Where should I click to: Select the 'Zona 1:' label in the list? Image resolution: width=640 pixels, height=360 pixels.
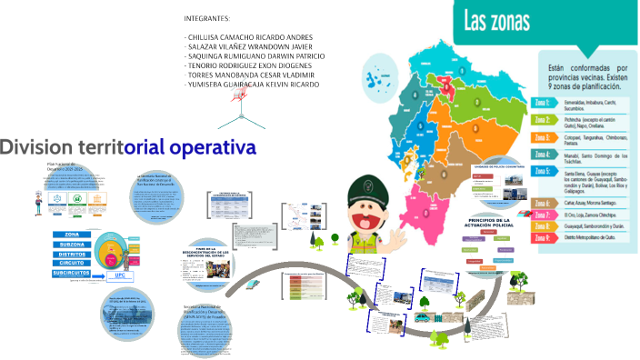click(545, 102)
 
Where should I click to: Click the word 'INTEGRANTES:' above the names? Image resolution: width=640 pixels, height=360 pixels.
click(207, 18)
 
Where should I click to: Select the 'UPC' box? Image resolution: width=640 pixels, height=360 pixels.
click(119, 275)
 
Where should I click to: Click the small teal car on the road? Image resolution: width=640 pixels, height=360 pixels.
click(424, 317)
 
